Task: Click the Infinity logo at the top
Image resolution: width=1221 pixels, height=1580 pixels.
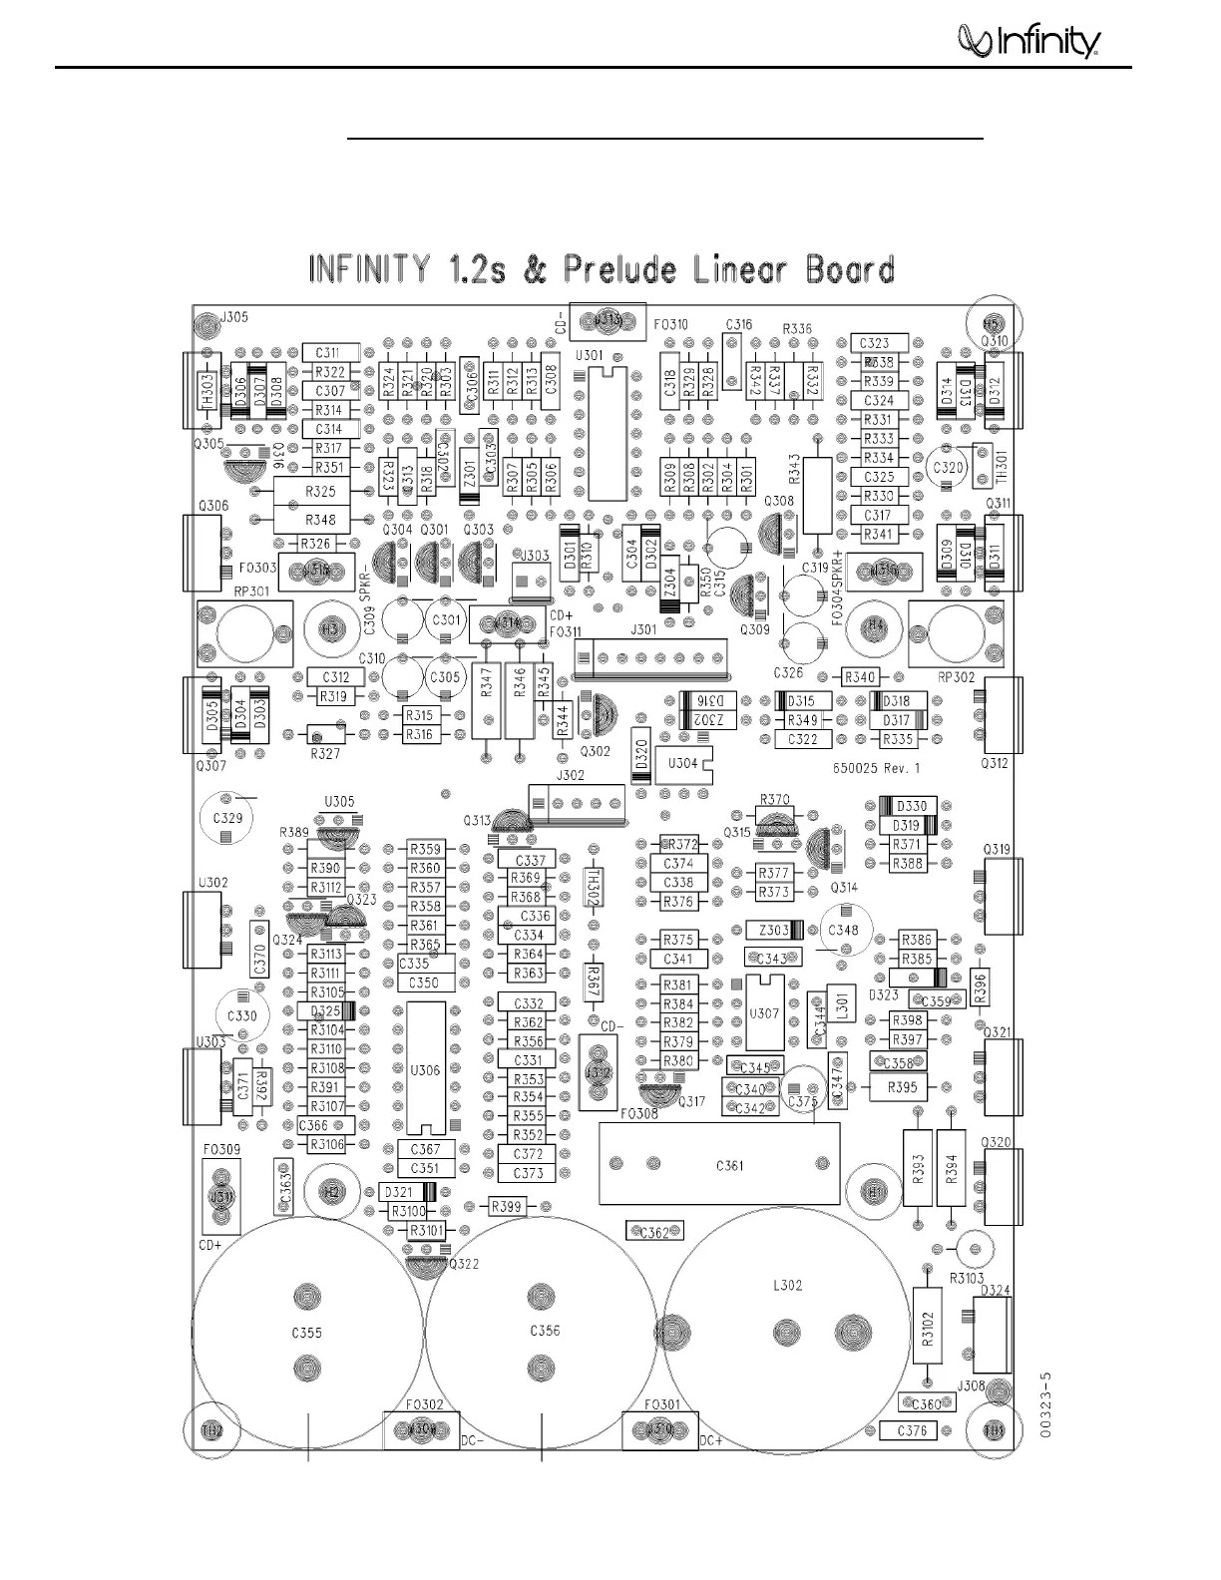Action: point(1028,41)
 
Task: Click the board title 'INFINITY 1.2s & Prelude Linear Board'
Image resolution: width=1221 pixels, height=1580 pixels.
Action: point(602,270)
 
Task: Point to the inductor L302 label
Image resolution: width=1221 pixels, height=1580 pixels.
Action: point(787,1286)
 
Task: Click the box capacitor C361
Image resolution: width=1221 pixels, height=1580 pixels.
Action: point(729,1165)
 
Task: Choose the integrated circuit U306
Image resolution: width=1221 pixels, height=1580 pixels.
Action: point(425,1068)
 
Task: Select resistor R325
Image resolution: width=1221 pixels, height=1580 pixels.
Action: point(320,492)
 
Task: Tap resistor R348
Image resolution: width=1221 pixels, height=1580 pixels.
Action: point(320,520)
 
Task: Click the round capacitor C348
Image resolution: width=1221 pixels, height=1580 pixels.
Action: point(844,930)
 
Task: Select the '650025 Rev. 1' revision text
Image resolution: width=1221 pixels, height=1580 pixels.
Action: point(876,769)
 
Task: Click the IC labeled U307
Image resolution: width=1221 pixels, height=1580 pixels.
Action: point(764,1013)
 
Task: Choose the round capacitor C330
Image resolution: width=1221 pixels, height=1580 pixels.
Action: point(242,1015)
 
